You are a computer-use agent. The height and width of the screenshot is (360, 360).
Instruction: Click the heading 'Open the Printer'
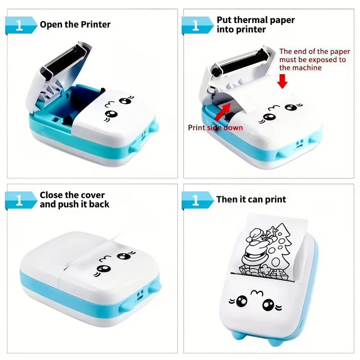75,24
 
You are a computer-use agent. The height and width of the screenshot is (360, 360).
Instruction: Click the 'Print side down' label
215,127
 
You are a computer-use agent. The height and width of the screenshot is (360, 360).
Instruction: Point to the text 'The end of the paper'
315,52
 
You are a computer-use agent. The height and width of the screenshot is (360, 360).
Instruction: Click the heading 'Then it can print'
251,199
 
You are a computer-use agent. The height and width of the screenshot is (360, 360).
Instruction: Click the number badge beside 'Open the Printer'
19,25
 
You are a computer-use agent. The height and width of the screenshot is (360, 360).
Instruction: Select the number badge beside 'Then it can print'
196,200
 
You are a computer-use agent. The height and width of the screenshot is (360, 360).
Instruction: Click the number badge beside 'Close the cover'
19,200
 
